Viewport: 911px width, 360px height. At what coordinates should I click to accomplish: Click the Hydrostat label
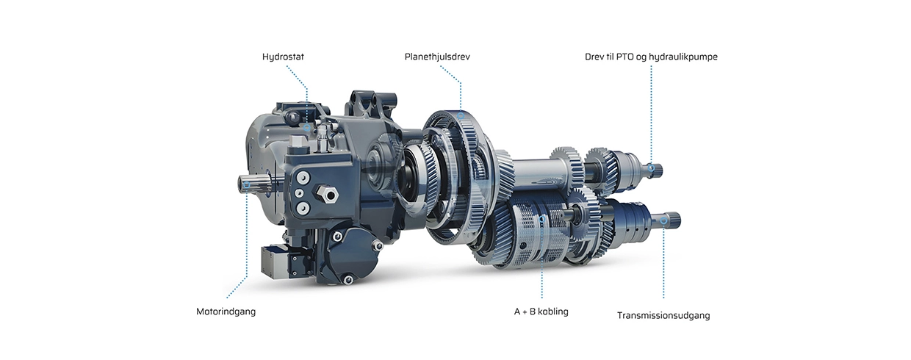click(283, 57)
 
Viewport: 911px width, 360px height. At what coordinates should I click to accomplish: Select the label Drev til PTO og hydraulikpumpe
click(651, 57)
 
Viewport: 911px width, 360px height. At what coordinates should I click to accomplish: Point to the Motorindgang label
click(226, 312)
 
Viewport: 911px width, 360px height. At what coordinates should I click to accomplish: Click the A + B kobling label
click(541, 312)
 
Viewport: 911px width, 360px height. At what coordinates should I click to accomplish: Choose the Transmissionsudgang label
click(663, 316)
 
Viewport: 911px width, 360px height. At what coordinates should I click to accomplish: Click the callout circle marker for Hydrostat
click(307, 128)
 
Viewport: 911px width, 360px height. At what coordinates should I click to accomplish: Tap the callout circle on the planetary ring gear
click(461, 116)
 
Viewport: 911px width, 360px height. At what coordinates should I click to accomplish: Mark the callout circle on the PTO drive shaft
click(651, 168)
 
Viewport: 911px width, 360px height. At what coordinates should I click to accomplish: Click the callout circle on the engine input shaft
click(246, 185)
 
